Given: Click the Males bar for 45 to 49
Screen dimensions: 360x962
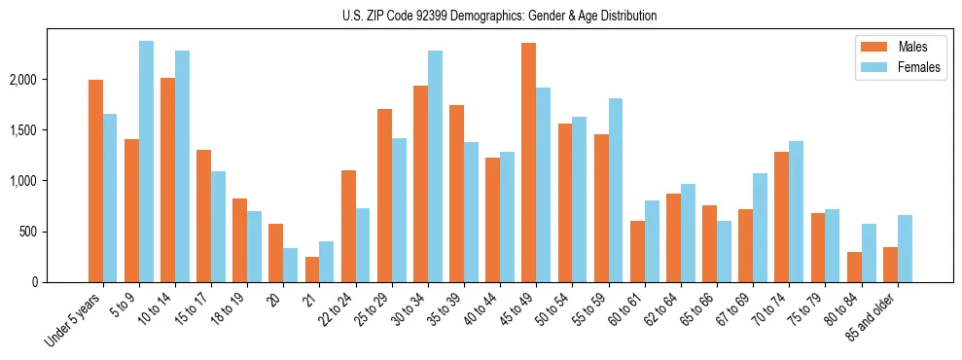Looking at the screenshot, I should point(528,162).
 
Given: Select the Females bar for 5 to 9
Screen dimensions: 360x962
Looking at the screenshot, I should point(146,162).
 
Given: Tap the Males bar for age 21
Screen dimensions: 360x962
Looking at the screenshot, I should point(312,270).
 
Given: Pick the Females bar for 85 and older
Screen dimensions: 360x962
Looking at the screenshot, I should point(905,249).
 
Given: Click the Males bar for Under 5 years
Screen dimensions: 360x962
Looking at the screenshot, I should point(95,181).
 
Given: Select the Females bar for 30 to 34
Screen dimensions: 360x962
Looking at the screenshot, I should point(435,166).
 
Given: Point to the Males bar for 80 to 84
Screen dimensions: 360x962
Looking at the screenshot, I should point(854,268).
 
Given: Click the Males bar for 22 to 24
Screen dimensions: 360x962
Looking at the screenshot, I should point(348,227).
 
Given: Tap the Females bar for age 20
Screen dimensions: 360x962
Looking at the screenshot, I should point(291,265).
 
